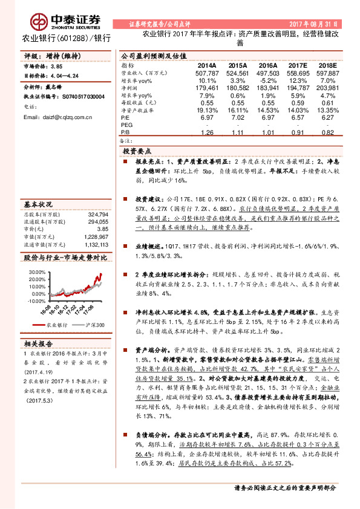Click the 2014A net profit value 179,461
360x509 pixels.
click(205, 88)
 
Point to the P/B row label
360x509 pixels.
click(125, 132)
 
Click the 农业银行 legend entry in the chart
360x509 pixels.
click(54, 324)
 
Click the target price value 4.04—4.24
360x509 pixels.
click(65, 77)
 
